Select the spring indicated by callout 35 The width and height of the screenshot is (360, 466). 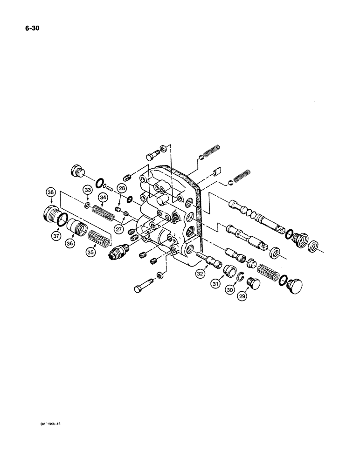pos(98,236)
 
